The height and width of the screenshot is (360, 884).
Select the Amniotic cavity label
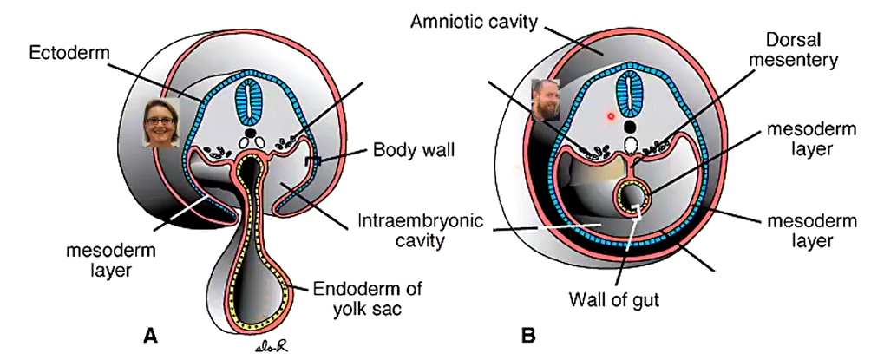click(x=475, y=22)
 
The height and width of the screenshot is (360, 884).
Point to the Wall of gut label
click(x=613, y=299)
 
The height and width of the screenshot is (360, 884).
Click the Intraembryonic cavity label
click(x=420, y=231)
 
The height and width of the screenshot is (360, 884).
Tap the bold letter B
click(x=528, y=336)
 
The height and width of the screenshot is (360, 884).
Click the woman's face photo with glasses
click(x=161, y=123)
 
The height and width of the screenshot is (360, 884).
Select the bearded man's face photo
click(x=546, y=100)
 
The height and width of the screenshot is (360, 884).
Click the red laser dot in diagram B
click(x=611, y=116)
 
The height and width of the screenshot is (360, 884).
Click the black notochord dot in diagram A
click(x=252, y=133)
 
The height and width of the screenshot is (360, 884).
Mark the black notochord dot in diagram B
click(x=631, y=126)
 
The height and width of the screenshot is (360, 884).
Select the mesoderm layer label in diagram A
click(x=110, y=259)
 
